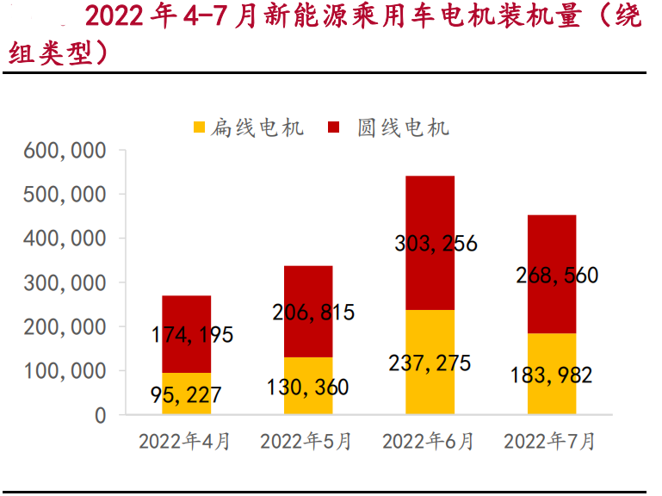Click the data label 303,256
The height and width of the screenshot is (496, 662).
coord(436,244)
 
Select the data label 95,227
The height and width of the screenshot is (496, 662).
coord(185,394)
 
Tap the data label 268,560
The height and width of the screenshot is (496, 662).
coord(557,276)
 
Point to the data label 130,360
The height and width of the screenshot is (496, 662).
coord(307,387)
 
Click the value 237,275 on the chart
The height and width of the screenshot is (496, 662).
coord(430,363)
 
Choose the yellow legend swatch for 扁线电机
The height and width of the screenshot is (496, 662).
coord(199,128)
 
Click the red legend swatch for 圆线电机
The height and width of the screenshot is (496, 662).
coord(336,128)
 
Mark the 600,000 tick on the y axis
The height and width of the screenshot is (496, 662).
coord(65,151)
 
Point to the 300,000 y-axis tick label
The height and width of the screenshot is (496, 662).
coord(65,283)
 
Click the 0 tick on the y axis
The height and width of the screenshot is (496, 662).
coord(99,415)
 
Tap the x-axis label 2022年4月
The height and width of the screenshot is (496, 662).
coord(185,442)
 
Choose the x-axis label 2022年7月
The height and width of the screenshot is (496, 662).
coord(550,442)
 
